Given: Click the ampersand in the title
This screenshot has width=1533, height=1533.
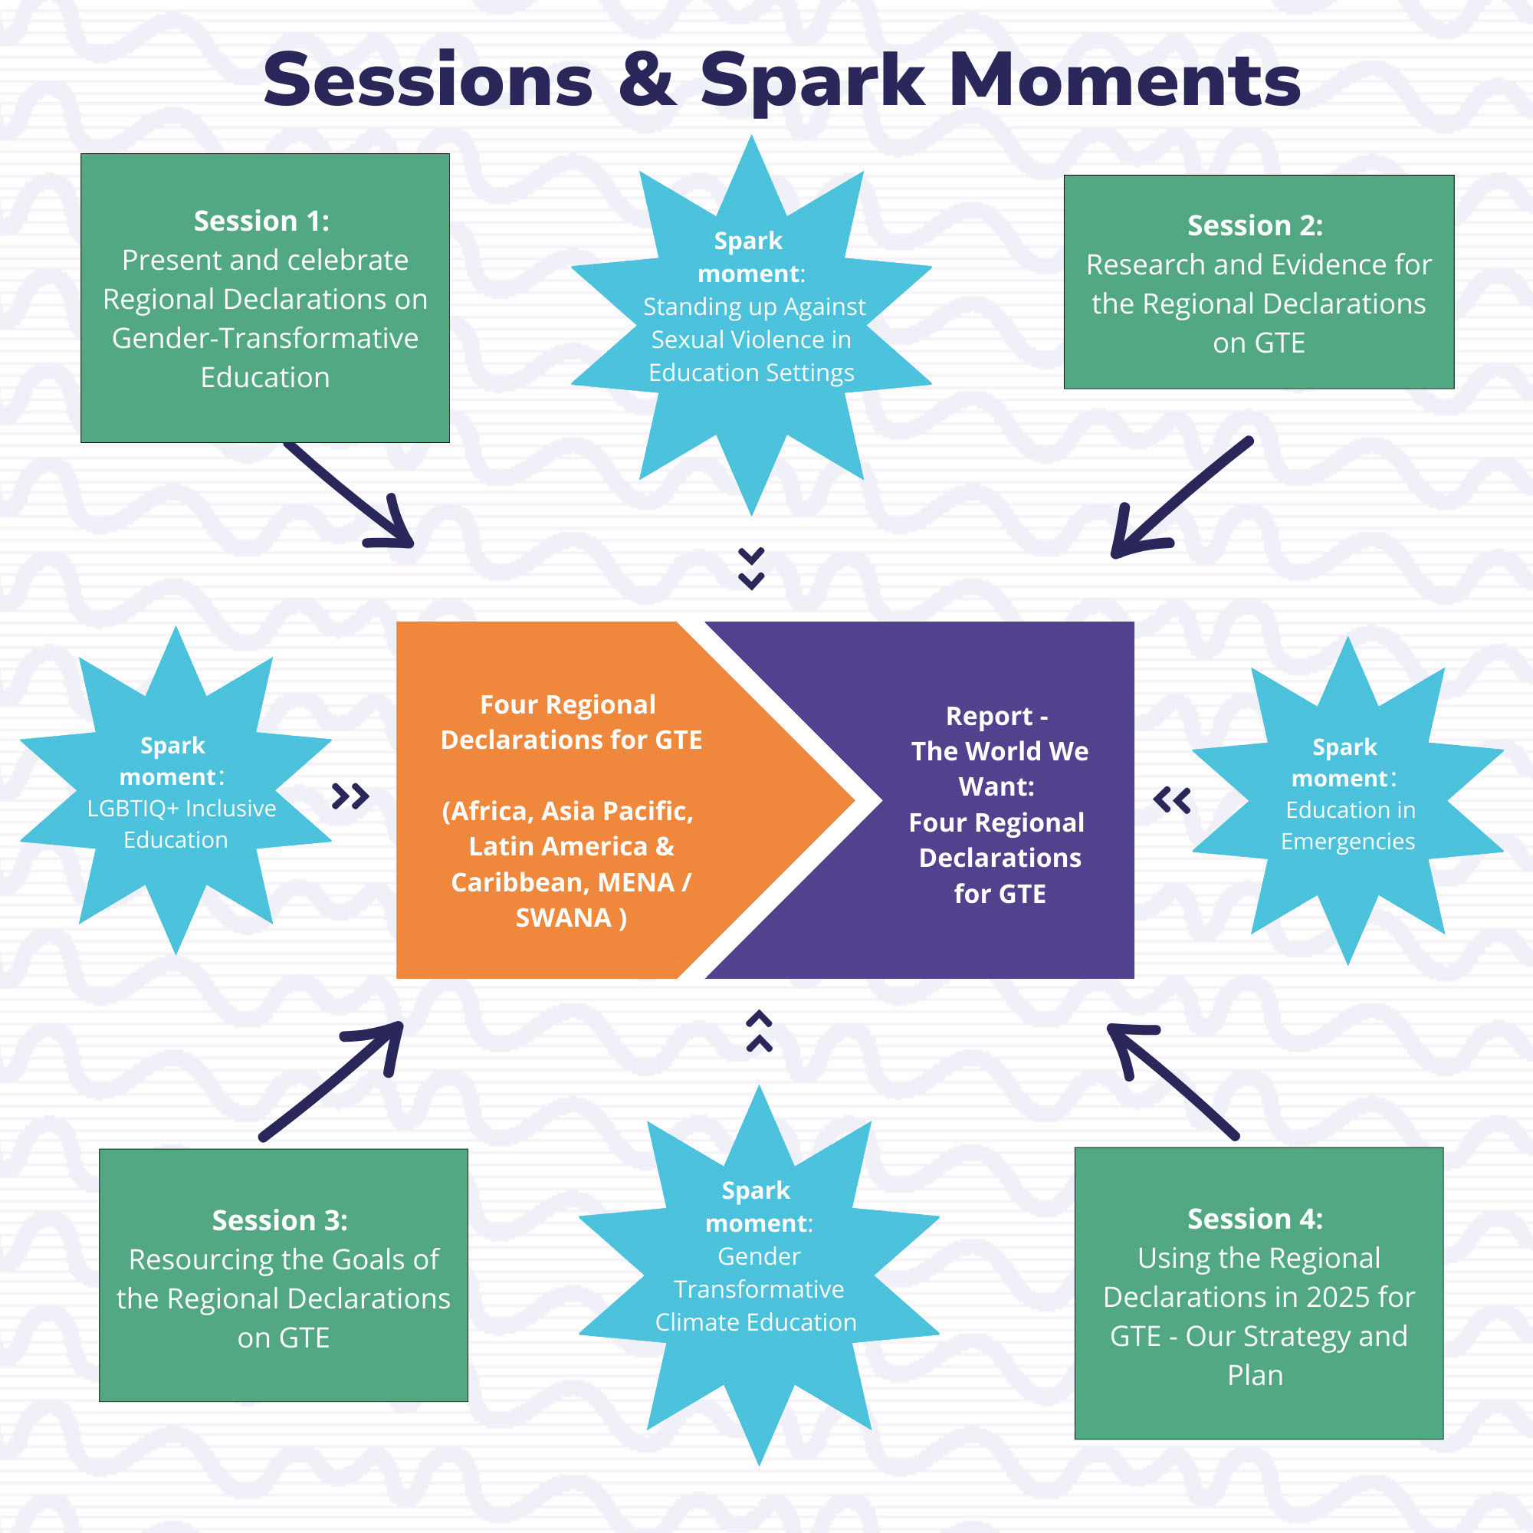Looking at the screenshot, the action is (x=648, y=80).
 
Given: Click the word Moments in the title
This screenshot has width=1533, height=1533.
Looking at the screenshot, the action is (x=1124, y=80).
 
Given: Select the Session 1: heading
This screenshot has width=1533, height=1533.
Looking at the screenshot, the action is (x=262, y=221).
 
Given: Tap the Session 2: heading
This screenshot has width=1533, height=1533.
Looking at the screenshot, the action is (x=1256, y=225).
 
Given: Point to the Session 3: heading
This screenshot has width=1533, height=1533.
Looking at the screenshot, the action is (x=280, y=1220).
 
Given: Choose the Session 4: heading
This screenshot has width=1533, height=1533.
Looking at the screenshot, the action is (x=1256, y=1219).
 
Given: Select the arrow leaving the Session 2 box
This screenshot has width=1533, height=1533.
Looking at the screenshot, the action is (x=1182, y=497).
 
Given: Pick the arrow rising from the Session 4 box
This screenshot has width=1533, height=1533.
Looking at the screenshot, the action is (x=1173, y=1082).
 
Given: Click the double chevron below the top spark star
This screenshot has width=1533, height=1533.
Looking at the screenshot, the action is (x=751, y=568).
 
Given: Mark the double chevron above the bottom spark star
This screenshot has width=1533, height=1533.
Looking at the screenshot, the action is (x=760, y=1031).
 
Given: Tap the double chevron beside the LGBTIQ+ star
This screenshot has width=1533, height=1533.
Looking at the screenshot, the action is (x=351, y=796).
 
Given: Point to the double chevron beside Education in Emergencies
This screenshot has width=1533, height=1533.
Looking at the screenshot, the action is (x=1172, y=801).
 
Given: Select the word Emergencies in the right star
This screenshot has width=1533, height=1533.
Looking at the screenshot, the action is (x=1348, y=842).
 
